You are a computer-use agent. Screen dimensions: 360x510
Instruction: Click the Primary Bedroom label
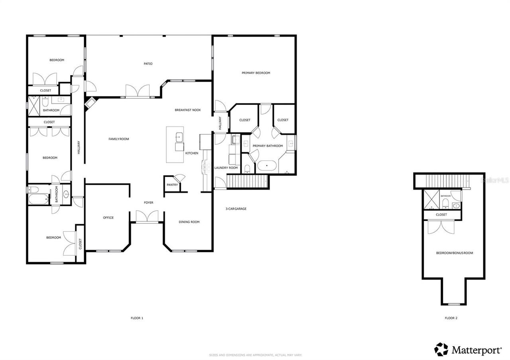256,73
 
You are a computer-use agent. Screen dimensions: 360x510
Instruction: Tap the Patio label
148,64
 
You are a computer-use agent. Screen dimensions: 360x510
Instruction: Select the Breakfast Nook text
188,110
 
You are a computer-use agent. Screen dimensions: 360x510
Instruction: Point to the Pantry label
173,185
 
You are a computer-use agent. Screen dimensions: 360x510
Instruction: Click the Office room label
108,218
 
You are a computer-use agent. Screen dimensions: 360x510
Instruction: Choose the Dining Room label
189,222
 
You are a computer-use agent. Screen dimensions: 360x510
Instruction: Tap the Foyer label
149,203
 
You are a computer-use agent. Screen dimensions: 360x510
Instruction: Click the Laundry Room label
226,168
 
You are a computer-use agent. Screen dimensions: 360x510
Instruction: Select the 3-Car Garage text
236,209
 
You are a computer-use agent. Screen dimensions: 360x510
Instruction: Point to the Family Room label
119,139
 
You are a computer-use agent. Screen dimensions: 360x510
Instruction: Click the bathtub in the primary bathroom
267,165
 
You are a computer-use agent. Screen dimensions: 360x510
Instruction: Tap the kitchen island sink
178,137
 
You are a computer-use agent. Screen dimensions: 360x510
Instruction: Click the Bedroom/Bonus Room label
455,253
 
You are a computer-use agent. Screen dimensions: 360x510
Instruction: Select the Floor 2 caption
451,318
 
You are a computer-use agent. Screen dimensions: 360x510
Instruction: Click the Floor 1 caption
137,318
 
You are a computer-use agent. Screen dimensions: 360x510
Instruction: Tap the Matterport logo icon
441,349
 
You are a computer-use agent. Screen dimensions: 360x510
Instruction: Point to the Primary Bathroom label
268,146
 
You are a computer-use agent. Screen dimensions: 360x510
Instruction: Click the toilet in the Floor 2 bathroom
446,204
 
